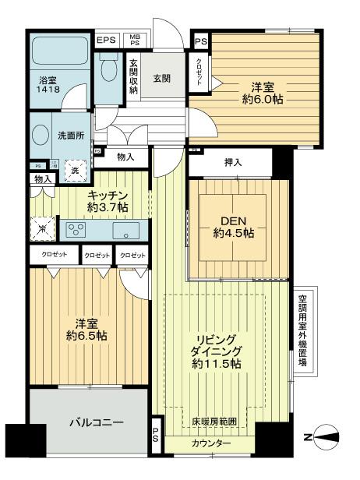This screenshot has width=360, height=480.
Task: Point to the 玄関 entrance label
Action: click(162, 79)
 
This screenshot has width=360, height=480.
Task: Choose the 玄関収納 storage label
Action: click(134, 77)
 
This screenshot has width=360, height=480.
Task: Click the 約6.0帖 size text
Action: click(263, 101)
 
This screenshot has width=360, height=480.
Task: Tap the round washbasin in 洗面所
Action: click(40, 133)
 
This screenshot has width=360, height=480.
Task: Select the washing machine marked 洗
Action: click(75, 171)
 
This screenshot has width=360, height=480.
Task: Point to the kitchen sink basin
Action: click(125, 230)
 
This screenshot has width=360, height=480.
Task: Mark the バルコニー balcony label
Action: click(88, 422)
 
